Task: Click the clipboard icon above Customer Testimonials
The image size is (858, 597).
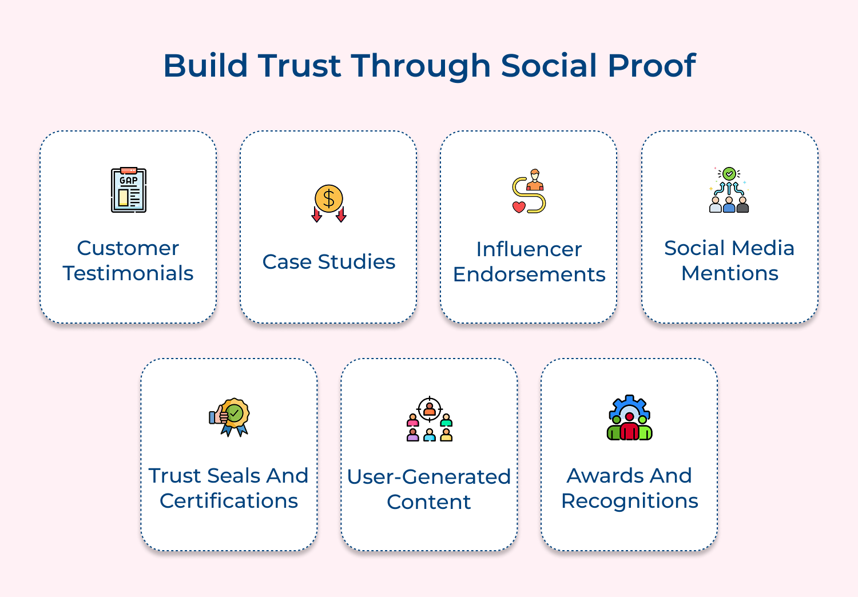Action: (x=129, y=190)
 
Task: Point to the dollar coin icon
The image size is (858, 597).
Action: (x=329, y=199)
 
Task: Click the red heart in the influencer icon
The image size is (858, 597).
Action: (x=519, y=206)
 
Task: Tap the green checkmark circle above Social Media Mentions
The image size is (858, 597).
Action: (x=729, y=173)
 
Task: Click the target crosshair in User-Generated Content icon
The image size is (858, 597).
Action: (x=430, y=409)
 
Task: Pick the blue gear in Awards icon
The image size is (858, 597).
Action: (x=629, y=407)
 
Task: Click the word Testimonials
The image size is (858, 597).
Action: (x=128, y=273)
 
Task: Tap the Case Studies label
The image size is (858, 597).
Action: (x=329, y=262)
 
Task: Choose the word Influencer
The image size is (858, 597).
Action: (x=529, y=249)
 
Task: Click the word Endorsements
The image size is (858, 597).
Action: (x=529, y=274)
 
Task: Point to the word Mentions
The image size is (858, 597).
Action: (x=729, y=273)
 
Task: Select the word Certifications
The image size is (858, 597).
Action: (x=229, y=501)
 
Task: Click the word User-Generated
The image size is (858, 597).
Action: (x=429, y=477)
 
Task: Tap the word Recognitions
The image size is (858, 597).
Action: (x=629, y=501)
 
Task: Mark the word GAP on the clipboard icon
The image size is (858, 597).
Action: (x=129, y=181)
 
